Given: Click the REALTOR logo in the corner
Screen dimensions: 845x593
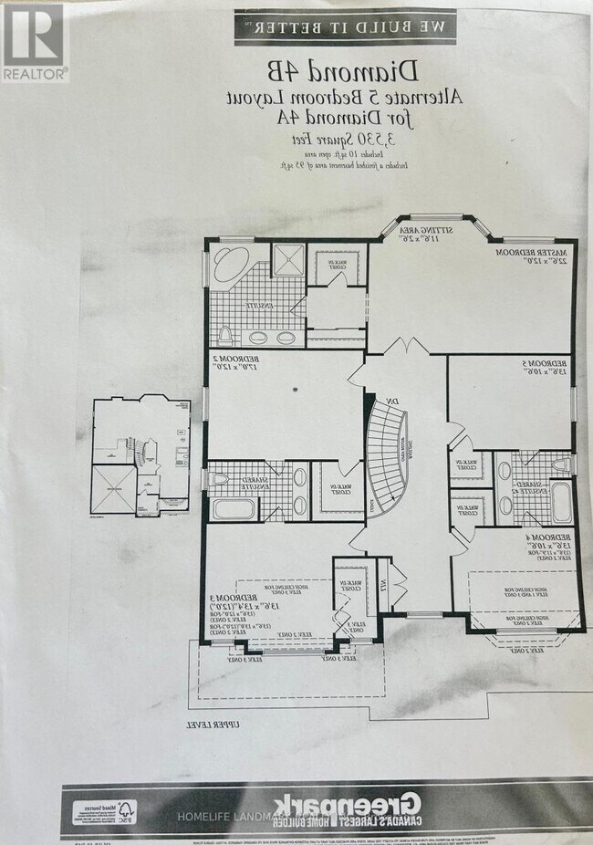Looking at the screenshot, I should [35, 41].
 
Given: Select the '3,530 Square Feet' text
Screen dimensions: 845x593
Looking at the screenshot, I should [329, 137].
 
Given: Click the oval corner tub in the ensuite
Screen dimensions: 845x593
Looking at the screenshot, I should [226, 266].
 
